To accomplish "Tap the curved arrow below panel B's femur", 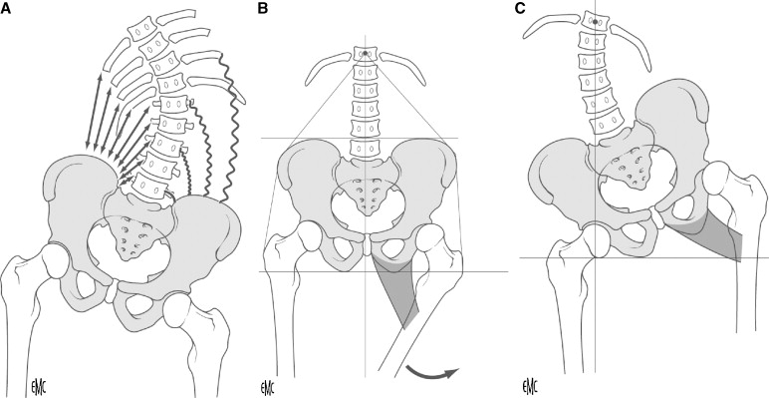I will pos(431,372).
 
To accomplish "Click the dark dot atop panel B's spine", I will pos(367,52).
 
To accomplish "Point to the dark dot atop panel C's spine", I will pos(595,20).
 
